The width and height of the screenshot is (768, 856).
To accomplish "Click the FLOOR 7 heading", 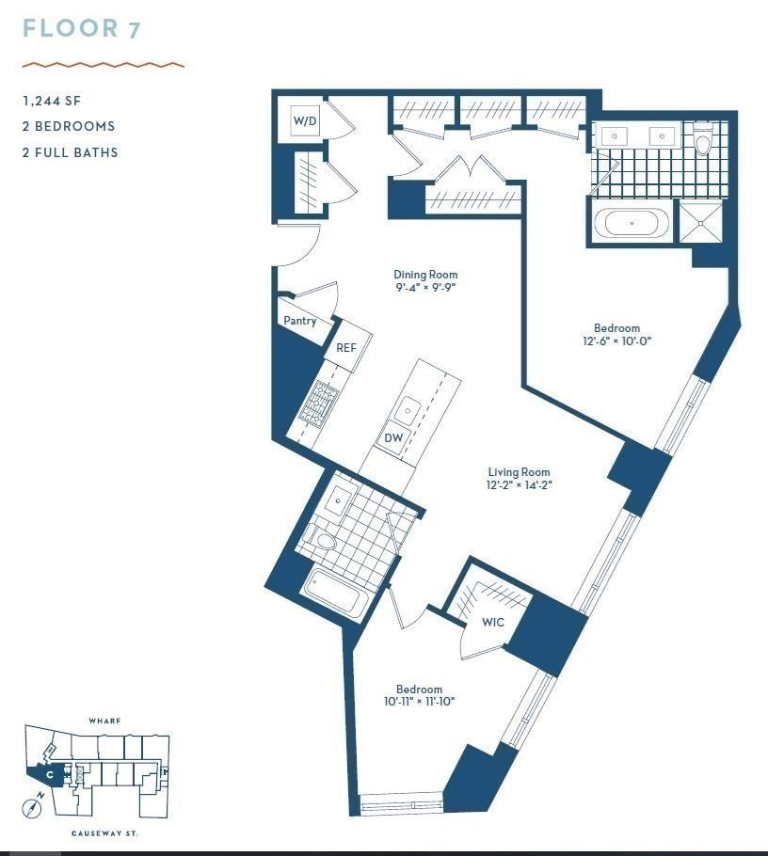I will (82, 28).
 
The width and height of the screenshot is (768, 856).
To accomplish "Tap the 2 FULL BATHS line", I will (71, 151).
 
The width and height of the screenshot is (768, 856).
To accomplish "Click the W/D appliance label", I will (305, 121).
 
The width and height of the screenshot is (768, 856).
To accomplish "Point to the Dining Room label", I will (425, 275).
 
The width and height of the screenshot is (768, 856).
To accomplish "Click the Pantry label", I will (300, 321).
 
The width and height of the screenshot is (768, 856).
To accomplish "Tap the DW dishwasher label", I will (392, 437).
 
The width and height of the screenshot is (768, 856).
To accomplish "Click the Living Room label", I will (519, 472).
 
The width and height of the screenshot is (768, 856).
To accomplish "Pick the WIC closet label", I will (493, 622).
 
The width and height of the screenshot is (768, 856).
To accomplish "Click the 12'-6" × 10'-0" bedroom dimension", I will (616, 341).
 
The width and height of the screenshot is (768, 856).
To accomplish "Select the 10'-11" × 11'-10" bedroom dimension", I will (419, 701).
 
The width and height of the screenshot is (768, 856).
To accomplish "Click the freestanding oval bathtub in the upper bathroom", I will (633, 225).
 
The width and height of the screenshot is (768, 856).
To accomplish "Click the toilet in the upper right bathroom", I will (702, 143).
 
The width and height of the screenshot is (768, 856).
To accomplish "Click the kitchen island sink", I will (408, 409).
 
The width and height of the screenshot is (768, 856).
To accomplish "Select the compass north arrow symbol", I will (36, 807).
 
